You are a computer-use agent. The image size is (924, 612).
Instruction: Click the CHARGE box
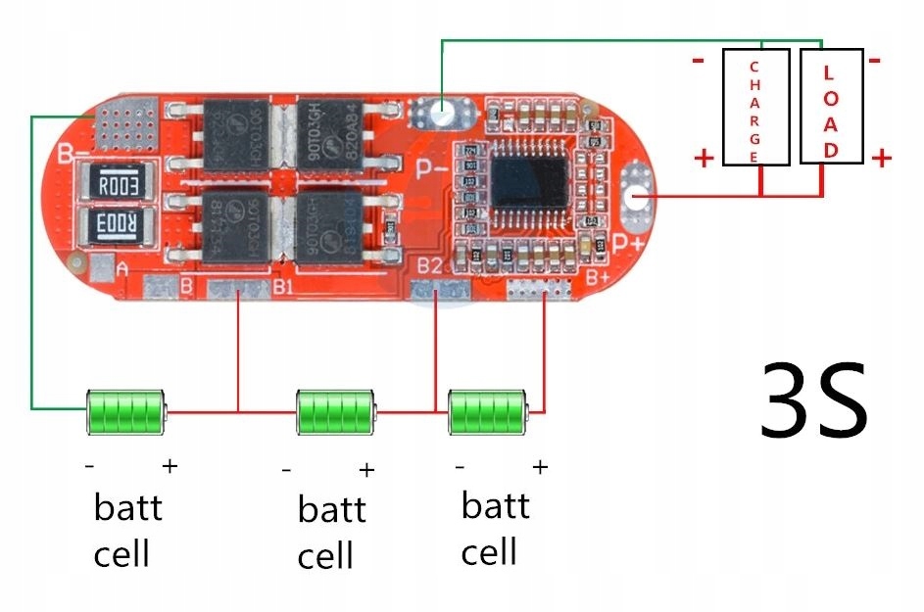pos(755,107)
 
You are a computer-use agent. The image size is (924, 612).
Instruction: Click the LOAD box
pos(831,107)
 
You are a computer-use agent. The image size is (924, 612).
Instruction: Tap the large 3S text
pos(813,401)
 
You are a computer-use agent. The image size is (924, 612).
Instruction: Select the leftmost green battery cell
pos(125,412)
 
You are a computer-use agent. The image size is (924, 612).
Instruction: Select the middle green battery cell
pos(336,412)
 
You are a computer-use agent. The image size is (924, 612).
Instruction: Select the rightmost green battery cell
pos(487,412)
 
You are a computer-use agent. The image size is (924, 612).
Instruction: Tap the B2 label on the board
pos(429,266)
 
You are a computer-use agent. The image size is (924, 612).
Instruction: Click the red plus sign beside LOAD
pos(881,157)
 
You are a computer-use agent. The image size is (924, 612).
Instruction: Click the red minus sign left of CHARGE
pos(698,61)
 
